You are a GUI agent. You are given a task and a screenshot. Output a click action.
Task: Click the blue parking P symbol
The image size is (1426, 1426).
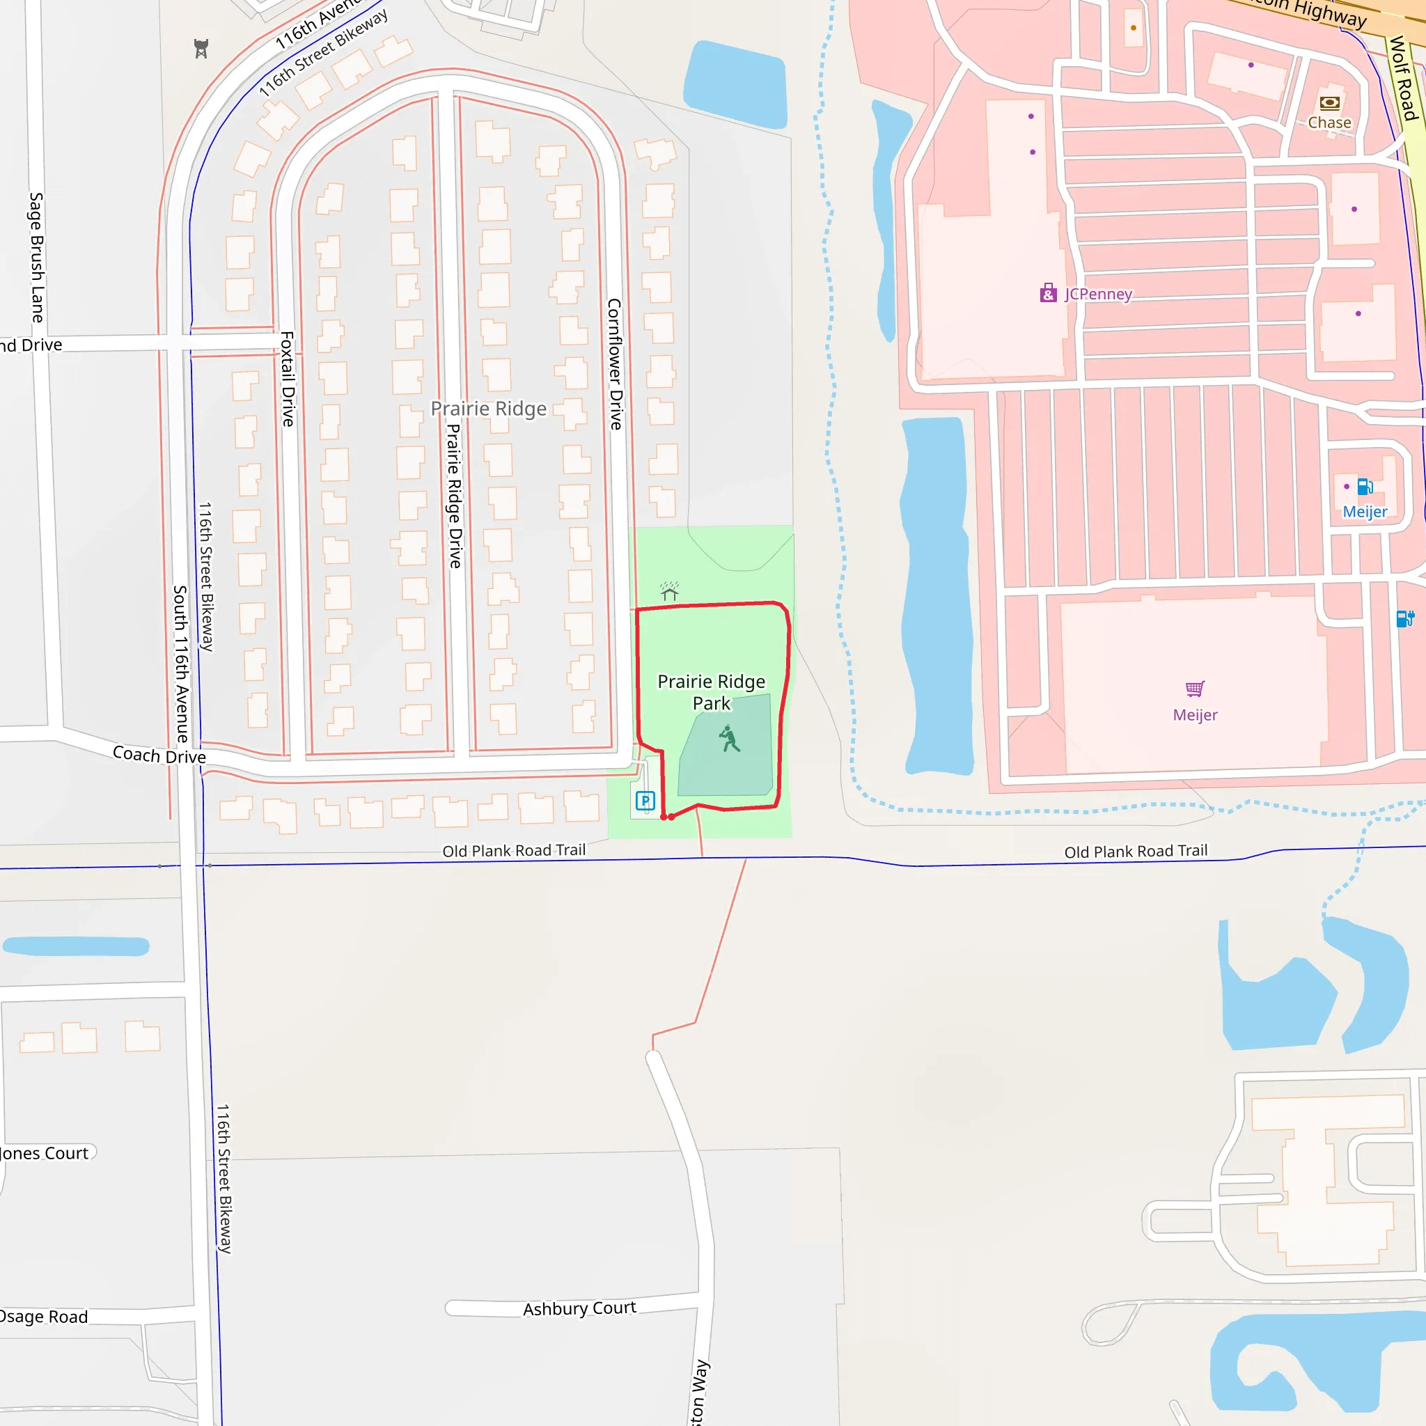coord(645,801)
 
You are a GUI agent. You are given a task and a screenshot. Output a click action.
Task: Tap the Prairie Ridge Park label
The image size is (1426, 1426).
coord(711,691)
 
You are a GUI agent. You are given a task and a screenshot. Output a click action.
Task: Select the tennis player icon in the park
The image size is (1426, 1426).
coord(729,739)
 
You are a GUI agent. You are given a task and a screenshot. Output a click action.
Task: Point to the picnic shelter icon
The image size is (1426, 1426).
coord(669,591)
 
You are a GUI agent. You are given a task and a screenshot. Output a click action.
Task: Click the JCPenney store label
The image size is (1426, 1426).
coord(1097,294)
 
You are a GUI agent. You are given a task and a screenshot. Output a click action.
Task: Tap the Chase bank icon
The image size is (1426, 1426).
coord(1329,102)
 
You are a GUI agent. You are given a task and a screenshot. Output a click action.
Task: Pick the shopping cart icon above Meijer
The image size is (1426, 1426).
coord(1195,689)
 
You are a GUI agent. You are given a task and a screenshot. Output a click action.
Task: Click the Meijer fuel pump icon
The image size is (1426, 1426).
coord(1365,487)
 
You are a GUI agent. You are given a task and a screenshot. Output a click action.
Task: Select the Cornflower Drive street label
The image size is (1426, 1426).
coord(615,364)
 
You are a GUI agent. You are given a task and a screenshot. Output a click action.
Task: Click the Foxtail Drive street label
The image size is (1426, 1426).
coord(288,379)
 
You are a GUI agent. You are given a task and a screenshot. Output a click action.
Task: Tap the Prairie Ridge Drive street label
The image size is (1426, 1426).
coord(455,495)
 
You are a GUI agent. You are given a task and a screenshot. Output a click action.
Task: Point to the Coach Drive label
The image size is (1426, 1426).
coord(159,755)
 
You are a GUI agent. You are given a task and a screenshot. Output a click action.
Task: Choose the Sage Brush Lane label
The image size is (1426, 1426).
coord(36,257)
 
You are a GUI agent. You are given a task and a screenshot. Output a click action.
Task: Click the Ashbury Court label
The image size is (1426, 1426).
coord(579,1308)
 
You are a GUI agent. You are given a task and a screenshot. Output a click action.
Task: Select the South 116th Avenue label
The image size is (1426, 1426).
coord(181,664)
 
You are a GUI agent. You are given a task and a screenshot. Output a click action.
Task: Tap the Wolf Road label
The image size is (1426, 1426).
coord(1403,78)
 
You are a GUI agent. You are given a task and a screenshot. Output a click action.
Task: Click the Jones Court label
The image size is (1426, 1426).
coord(45,1153)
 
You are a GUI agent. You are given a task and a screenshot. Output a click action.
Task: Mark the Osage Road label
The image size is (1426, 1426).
coord(45,1317)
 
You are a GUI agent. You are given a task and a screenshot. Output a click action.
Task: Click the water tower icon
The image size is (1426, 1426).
coord(201,49)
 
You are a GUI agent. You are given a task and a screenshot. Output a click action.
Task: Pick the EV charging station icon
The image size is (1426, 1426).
coord(1404,618)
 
